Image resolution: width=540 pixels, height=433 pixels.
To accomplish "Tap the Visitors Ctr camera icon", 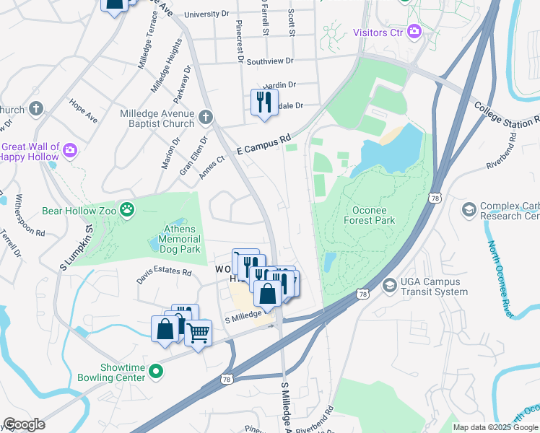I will tap(414, 32).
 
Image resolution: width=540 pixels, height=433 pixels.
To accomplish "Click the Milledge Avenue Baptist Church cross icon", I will tap(206, 116).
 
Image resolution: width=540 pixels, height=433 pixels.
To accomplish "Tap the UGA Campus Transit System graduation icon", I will tap(390, 285).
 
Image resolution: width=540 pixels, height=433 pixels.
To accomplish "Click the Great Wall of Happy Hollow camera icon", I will tap(70, 149).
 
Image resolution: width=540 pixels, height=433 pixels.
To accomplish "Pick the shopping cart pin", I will tap(198, 333).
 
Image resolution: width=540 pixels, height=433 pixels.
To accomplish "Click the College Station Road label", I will tap(506, 115).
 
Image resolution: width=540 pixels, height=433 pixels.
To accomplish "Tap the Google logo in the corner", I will tap(24, 424).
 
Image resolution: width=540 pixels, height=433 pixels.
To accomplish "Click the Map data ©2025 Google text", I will tap(495, 427).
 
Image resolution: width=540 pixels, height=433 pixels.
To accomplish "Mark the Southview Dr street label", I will tap(270, 62).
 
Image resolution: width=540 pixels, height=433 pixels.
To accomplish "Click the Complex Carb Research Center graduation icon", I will tap(469, 209).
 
